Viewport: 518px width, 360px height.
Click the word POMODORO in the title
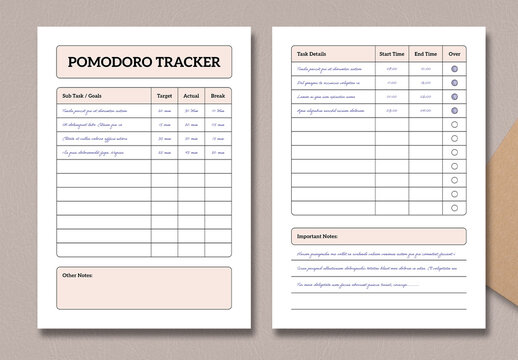[107, 63]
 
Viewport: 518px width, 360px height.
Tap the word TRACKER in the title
[184, 63]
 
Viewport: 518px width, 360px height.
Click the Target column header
[164, 96]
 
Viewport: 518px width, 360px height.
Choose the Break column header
[220, 96]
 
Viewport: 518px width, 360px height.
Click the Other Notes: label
[77, 274]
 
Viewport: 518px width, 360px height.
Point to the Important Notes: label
[317, 236]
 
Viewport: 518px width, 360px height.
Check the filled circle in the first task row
[455, 69]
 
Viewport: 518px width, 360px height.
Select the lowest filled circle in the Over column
[455, 110]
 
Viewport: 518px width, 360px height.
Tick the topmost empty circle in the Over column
[455, 124]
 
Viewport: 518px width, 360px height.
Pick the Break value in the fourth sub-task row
[220, 152]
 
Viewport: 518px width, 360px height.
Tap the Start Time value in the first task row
[391, 69]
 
